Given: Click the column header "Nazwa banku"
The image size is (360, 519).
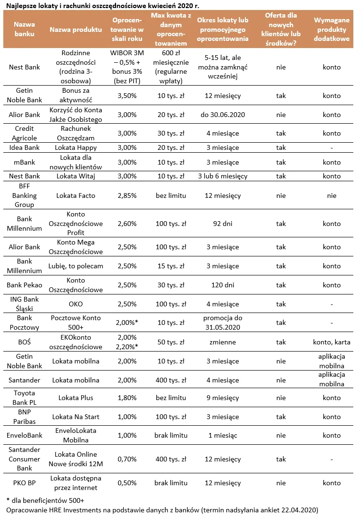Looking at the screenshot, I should click(x=24, y=29).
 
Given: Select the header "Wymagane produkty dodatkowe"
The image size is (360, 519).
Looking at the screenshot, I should click(x=331, y=29).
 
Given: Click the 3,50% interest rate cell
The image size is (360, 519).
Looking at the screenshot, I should click(x=126, y=96).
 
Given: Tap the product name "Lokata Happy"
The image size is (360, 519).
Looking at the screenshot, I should click(x=76, y=147).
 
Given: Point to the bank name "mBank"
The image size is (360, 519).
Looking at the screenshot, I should click(x=24, y=162).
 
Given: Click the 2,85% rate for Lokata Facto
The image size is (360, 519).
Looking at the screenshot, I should click(x=126, y=196).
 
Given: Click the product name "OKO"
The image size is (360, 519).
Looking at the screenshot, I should click(x=76, y=304).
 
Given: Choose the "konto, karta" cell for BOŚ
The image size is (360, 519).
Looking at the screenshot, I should click(x=331, y=342).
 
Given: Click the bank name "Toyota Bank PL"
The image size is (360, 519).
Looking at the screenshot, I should click(x=24, y=398).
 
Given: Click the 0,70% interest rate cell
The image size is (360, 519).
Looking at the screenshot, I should click(x=126, y=459).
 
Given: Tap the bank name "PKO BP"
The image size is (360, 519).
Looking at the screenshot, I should click(x=24, y=483).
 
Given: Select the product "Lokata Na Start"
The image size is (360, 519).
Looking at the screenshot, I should click(x=76, y=417).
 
